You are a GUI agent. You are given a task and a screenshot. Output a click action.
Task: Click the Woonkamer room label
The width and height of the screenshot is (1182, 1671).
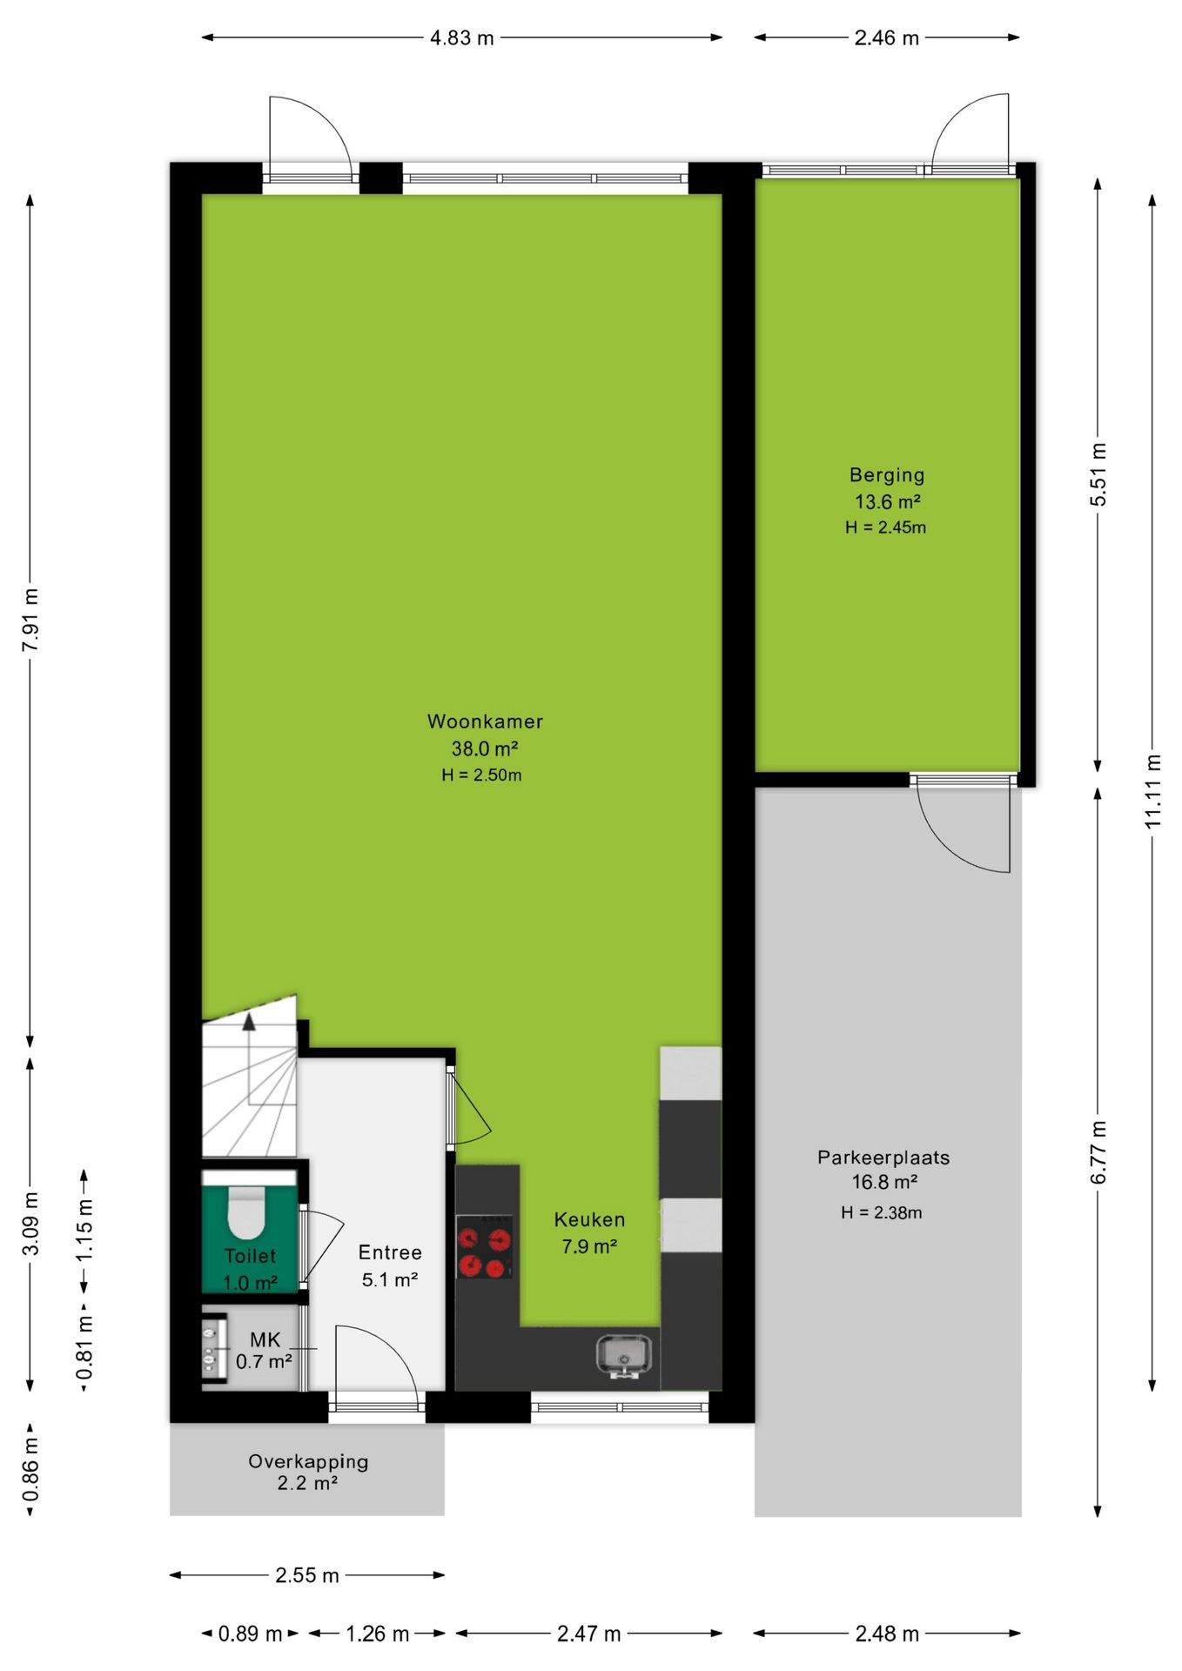point(485,721)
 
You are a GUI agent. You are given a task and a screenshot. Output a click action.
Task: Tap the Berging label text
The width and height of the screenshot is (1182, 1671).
point(887,476)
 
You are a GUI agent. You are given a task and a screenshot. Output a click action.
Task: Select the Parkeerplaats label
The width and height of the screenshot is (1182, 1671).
point(883,1158)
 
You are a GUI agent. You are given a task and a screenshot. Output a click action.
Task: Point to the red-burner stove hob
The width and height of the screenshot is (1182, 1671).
point(485,1247)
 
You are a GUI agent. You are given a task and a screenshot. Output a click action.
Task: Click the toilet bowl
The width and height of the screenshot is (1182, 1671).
point(246,1212)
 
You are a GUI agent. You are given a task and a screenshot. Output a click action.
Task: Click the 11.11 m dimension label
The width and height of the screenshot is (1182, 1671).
point(1152,792)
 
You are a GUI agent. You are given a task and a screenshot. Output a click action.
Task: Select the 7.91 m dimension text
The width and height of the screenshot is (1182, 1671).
point(30,620)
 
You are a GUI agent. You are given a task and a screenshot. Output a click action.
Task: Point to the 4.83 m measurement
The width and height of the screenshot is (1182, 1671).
point(462,38)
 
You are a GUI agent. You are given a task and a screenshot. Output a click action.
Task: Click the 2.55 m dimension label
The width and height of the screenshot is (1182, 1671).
point(307,1575)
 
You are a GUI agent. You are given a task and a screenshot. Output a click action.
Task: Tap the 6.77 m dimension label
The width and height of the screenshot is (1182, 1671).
point(1098,1152)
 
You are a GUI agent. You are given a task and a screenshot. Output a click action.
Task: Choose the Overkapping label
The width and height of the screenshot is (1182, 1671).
point(308,1461)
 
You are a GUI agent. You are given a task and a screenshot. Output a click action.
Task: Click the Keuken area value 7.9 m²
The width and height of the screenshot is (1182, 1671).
point(589,1246)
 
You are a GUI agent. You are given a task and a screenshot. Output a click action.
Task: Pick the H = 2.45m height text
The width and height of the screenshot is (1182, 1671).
point(885,527)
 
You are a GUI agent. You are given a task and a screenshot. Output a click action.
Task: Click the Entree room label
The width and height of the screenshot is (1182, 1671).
point(390,1252)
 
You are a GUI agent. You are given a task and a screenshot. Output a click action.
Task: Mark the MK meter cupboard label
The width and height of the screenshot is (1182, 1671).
point(265,1340)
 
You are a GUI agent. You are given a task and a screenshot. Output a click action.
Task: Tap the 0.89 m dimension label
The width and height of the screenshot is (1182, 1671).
point(250,1634)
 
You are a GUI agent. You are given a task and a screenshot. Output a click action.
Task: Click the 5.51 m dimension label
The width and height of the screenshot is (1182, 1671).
point(1098,474)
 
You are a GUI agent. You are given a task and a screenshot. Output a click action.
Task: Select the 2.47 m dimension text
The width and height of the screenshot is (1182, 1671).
point(589,1634)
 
